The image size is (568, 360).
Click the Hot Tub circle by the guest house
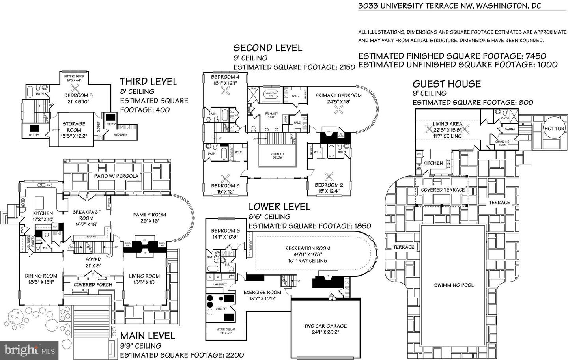[x=554, y=129]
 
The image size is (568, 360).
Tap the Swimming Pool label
[x=454, y=285]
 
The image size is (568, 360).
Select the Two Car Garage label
[x=325, y=326]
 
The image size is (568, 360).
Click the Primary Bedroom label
[x=338, y=95]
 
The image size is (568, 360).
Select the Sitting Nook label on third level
[x=74, y=76]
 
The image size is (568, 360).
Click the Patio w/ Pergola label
[x=116, y=176]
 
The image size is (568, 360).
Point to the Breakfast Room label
[x=86, y=215]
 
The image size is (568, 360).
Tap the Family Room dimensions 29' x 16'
[x=149, y=221]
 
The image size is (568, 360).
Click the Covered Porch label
[x=93, y=284]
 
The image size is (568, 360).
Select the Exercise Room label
[x=262, y=292]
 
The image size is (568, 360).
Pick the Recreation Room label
[x=308, y=248]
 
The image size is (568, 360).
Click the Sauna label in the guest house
[x=510, y=129]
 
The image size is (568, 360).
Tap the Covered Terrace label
[x=443, y=190]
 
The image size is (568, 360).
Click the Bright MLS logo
[x=30, y=349]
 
